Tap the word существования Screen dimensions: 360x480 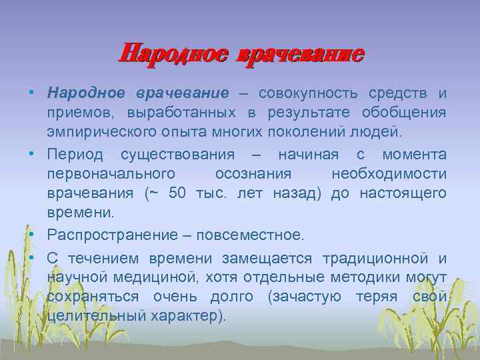[x=177, y=155]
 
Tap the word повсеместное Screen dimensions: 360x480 [x=252, y=235]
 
